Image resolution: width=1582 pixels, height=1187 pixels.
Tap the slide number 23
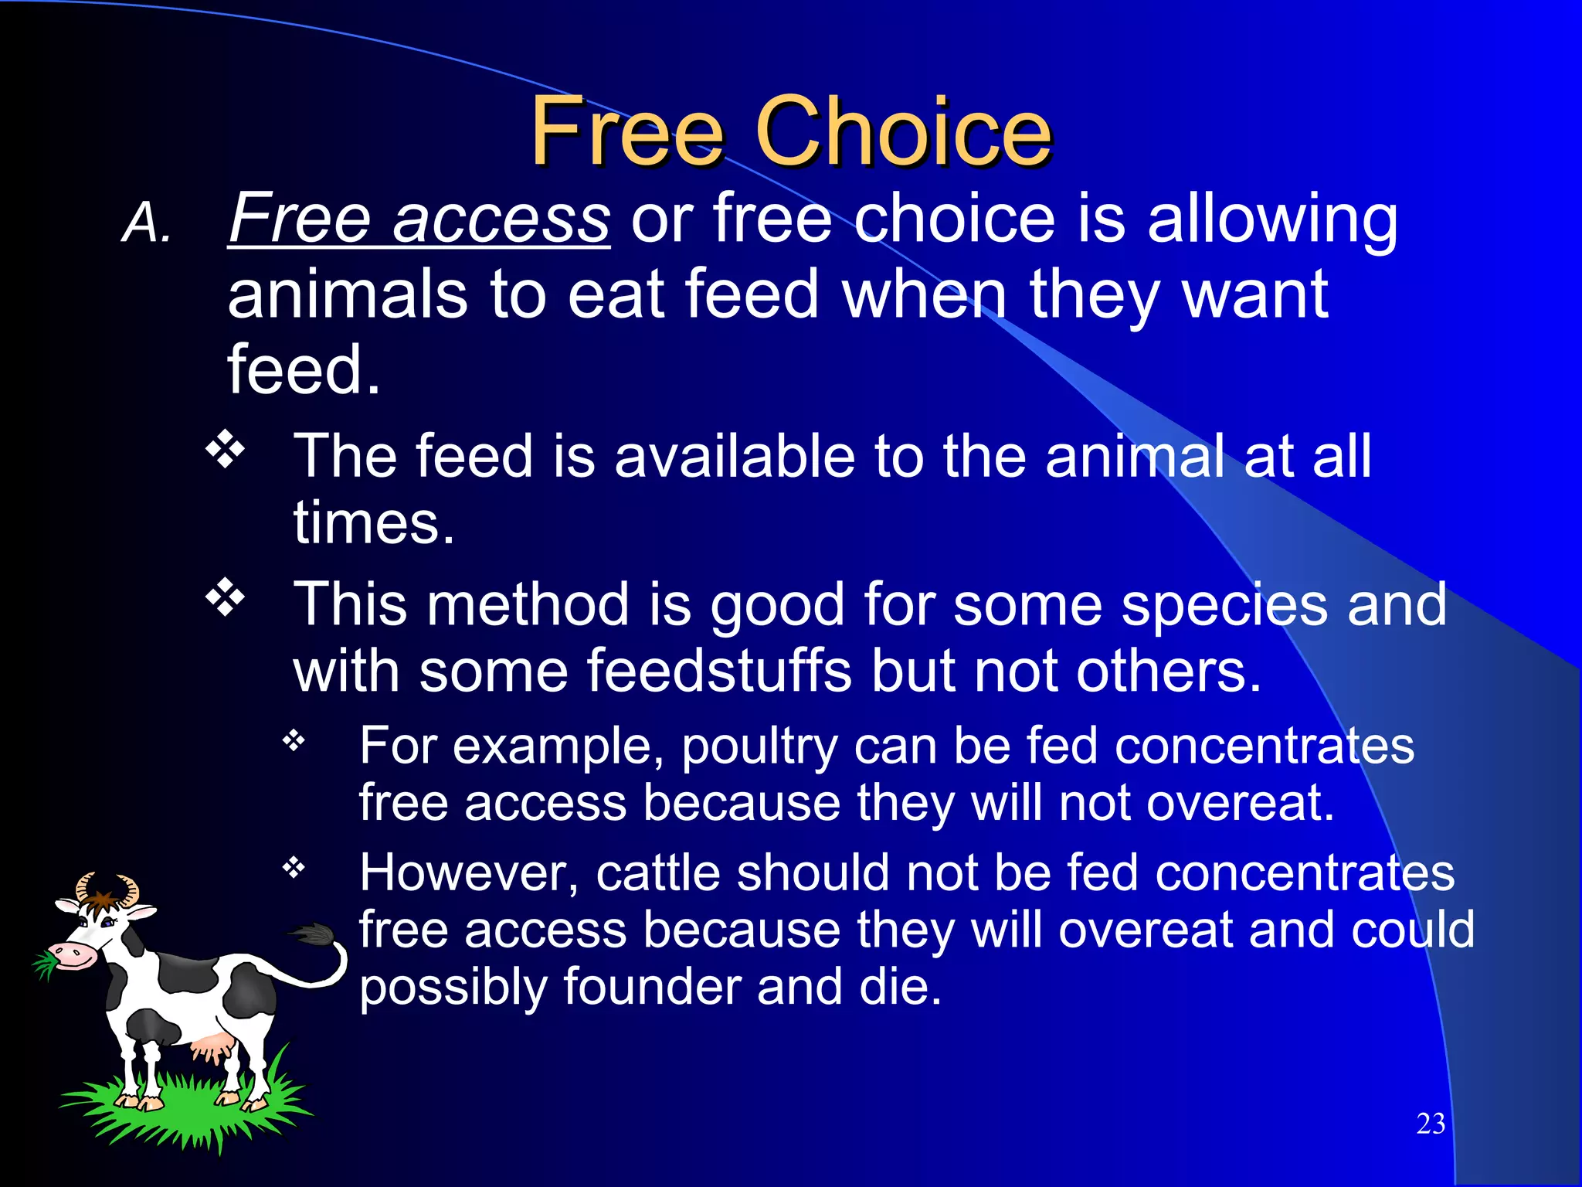(x=1431, y=1124)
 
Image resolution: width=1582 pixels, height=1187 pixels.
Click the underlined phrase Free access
(x=419, y=219)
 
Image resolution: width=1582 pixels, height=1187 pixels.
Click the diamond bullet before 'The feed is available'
(x=225, y=449)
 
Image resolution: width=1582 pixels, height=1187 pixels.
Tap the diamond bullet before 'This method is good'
(x=225, y=597)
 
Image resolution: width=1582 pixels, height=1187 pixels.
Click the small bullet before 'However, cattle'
(x=294, y=869)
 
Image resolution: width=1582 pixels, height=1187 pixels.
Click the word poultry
(x=759, y=747)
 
